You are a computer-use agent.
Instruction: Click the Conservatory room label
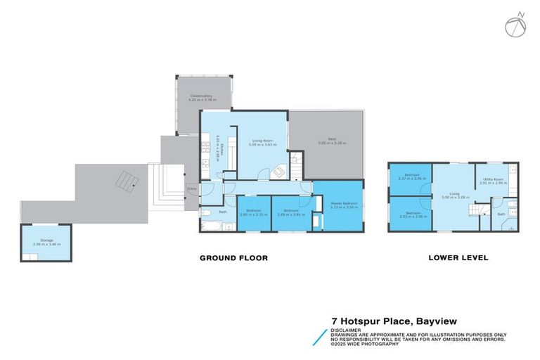point(200,98)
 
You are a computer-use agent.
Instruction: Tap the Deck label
point(323,140)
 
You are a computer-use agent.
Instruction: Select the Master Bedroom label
point(344,205)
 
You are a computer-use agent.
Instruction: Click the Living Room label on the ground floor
point(265,142)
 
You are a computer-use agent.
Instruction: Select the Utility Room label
point(492,180)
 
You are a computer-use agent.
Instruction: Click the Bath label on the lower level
point(501,214)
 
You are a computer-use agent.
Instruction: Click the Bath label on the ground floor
point(222,212)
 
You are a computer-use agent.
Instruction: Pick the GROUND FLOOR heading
point(233,258)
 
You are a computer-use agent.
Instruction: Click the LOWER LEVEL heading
point(458,258)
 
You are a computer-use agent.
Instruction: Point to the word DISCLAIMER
point(347,330)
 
